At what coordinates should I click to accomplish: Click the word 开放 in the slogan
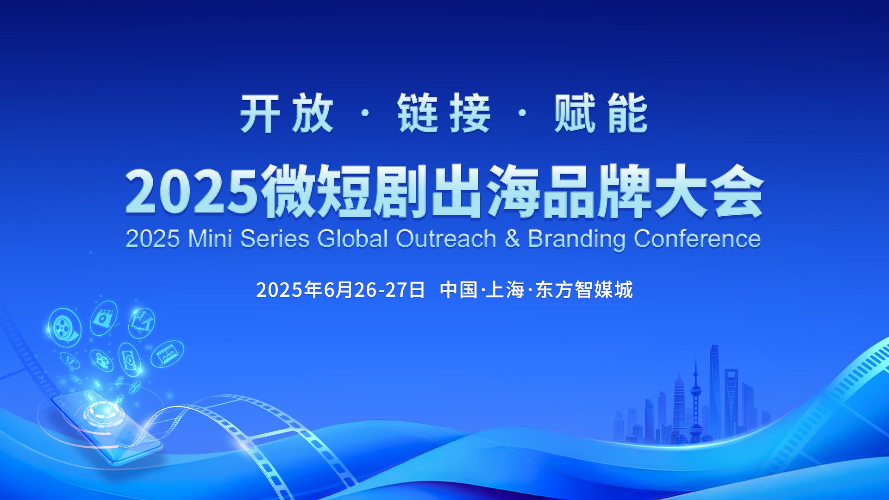(x=287, y=113)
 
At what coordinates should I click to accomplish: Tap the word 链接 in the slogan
(x=444, y=113)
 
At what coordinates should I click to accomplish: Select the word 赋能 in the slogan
(x=601, y=113)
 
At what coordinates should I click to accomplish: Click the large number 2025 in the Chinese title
(x=191, y=191)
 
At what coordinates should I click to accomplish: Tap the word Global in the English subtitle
(x=352, y=239)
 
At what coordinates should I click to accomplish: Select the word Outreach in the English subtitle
(x=446, y=239)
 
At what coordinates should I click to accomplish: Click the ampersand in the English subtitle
(x=512, y=239)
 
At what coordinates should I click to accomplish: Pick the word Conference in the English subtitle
(x=697, y=239)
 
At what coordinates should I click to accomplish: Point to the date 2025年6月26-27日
(x=340, y=290)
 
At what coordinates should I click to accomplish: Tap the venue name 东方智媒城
(x=584, y=290)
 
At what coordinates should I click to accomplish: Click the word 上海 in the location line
(x=505, y=290)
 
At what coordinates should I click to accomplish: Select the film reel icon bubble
(x=65, y=327)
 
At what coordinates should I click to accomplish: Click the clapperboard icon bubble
(x=104, y=318)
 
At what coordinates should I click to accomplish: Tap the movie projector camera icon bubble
(x=102, y=360)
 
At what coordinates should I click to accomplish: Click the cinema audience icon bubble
(x=167, y=354)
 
